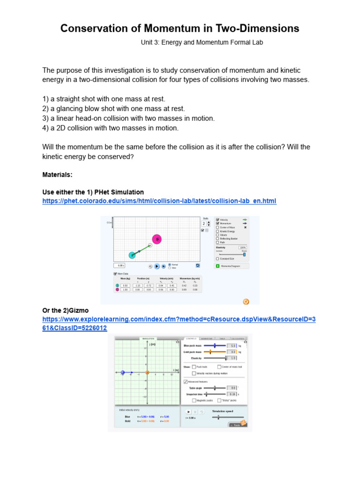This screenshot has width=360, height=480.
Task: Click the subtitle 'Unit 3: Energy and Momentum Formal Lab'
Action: click(x=202, y=42)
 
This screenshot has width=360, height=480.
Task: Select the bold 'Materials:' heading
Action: click(x=57, y=174)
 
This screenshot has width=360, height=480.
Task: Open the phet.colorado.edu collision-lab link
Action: click(x=159, y=201)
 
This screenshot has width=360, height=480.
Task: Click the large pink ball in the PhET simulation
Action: click(x=157, y=239)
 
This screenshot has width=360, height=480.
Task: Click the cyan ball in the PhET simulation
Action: click(x=133, y=255)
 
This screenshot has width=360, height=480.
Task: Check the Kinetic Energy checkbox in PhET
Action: click(x=217, y=231)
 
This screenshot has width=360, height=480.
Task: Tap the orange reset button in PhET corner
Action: click(x=246, y=301)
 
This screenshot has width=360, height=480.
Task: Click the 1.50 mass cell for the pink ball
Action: click(x=125, y=290)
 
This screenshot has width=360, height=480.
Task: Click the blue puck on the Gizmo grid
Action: click(x=123, y=373)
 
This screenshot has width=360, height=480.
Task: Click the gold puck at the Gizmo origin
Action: click(x=147, y=373)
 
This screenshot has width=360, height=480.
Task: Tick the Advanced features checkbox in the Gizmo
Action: click(x=186, y=382)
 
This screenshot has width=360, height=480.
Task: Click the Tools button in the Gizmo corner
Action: click(x=237, y=425)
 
